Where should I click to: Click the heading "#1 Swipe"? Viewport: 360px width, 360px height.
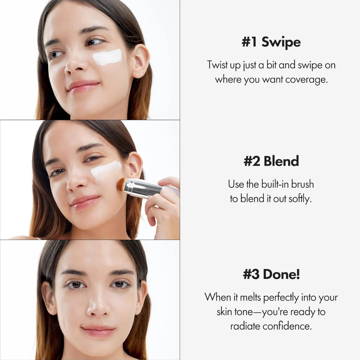(x=271, y=42)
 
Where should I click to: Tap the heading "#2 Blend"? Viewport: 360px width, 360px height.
(x=271, y=161)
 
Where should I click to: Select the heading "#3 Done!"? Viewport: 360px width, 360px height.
(x=271, y=274)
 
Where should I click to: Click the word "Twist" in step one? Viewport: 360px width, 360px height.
(x=217, y=65)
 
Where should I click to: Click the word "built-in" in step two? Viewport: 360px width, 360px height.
(x=272, y=184)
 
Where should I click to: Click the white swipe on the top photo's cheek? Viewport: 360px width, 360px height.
(x=107, y=57)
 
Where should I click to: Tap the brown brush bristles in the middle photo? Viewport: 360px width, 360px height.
(x=121, y=184)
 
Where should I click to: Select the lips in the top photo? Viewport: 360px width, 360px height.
(x=83, y=86)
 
